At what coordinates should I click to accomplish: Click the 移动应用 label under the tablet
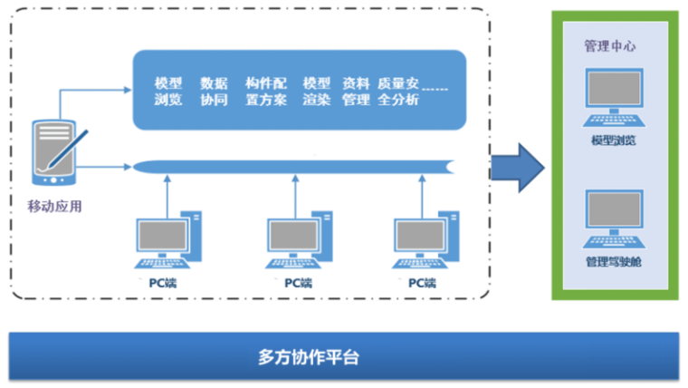tap(55, 206)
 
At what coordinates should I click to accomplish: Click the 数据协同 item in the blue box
tap(214, 92)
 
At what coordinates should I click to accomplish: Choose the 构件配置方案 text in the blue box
tap(265, 92)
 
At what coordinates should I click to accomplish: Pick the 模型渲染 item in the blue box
tap(317, 92)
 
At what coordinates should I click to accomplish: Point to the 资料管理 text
tap(356, 92)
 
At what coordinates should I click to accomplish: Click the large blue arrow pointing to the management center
tap(517, 166)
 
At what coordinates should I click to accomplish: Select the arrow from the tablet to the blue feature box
tap(91, 91)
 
